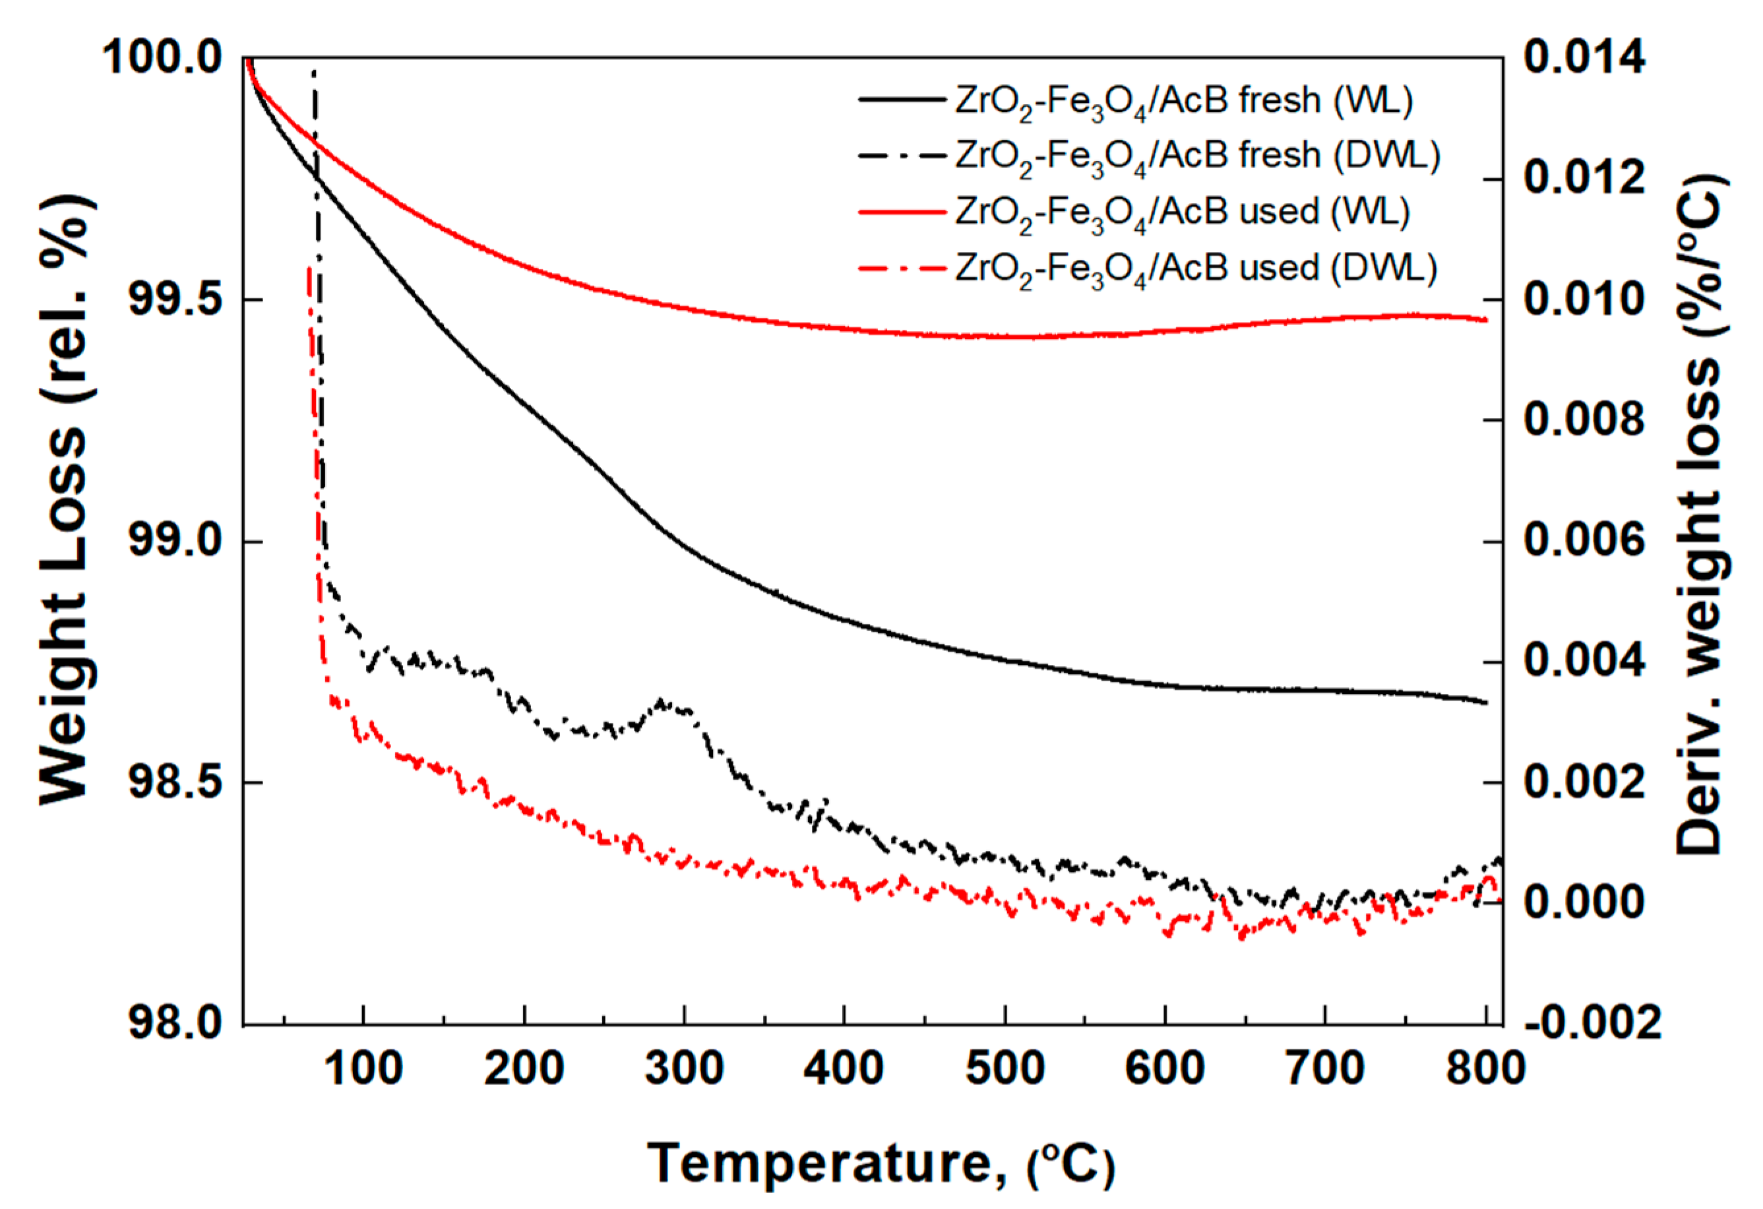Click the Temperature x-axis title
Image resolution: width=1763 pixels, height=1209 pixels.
pyautogui.click(x=880, y=1163)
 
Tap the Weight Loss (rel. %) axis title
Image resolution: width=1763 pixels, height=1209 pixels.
pyautogui.click(x=67, y=501)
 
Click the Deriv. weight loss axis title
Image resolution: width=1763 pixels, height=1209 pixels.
pyautogui.click(x=1699, y=516)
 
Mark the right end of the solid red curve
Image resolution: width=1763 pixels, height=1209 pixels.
pyautogui.click(x=1485, y=320)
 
